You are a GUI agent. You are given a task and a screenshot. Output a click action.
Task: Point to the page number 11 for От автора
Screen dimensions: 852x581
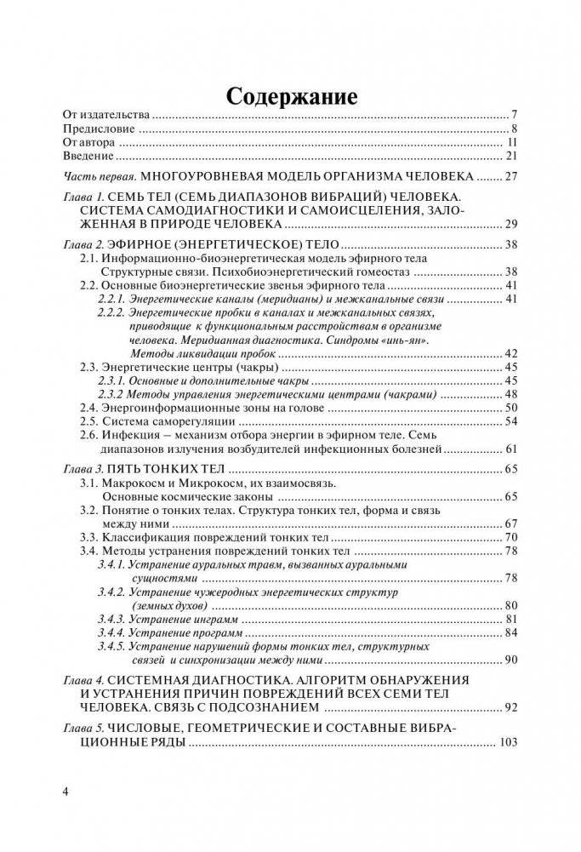512,143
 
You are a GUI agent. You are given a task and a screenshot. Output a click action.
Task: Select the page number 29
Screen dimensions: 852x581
510,225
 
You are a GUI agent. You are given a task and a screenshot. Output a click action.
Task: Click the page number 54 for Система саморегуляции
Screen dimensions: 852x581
511,422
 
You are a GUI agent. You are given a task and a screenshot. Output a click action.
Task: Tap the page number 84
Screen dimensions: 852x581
511,633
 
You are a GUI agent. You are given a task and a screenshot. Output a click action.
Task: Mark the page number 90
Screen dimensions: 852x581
511,660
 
